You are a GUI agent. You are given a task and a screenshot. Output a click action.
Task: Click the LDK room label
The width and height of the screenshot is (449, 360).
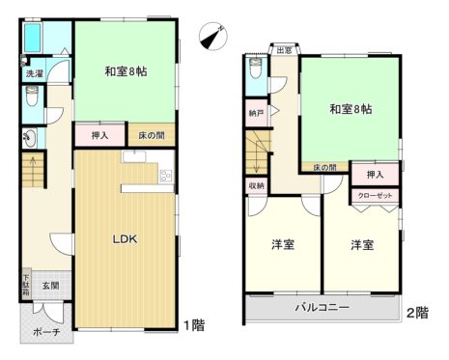coord(126,237)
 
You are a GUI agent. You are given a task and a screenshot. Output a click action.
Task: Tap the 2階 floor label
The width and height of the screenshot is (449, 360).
coord(417,314)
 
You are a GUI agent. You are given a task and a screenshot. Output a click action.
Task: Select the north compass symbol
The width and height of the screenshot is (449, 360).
coord(210,37)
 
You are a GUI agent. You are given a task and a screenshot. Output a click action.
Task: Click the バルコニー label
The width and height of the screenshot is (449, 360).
coord(322,309)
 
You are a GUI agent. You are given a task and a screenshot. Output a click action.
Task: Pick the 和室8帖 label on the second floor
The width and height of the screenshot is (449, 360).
coord(350,108)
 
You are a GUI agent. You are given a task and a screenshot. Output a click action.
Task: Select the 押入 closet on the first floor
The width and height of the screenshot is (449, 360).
coord(98,137)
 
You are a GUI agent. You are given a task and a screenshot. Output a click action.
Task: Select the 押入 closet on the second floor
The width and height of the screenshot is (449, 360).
coord(375,174)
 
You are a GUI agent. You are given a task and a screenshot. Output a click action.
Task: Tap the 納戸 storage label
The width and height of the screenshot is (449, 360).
coord(256,113)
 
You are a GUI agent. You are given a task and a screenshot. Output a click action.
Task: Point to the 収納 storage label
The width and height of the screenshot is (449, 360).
coord(257,185)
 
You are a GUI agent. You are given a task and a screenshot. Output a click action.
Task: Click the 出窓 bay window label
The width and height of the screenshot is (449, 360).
coord(284,50)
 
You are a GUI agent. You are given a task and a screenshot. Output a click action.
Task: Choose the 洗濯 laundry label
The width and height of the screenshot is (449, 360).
coord(33,73)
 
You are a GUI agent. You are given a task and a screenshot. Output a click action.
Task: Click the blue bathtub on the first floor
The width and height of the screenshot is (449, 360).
coord(33,39)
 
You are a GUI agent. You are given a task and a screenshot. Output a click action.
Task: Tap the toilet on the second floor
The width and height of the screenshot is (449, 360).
coord(255,69)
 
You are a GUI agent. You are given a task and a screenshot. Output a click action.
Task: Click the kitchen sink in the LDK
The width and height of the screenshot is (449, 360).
coord(164,176)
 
